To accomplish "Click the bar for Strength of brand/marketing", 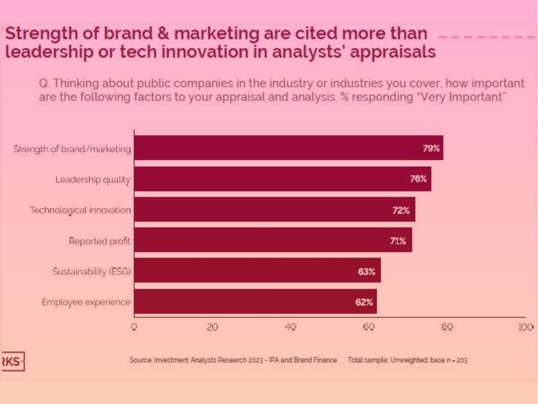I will [x=288, y=148].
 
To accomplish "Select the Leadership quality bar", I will [x=283, y=179].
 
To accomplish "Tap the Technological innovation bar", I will [x=275, y=209].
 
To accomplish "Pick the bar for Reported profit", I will [x=273, y=240].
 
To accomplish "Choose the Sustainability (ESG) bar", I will [x=257, y=270].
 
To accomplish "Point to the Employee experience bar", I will [x=255, y=301].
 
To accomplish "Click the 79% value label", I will [x=431, y=148].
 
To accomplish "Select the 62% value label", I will [x=364, y=302].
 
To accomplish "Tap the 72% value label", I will [x=401, y=210].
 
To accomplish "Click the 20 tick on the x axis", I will [x=212, y=327].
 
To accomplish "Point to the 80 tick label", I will [x=447, y=327].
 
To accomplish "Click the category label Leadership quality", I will [x=93, y=179].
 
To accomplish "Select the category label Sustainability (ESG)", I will [x=91, y=271].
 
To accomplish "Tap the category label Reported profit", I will [x=100, y=241].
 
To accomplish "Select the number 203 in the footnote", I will [x=462, y=360].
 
